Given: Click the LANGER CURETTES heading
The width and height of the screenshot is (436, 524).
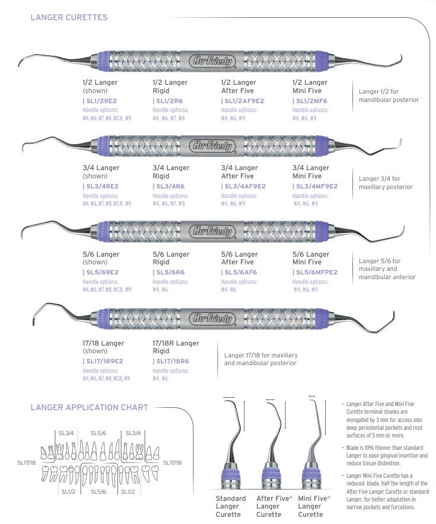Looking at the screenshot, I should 69,18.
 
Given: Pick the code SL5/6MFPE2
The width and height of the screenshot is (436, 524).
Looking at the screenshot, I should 316,273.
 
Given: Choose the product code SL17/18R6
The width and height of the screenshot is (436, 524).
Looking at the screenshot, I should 172,361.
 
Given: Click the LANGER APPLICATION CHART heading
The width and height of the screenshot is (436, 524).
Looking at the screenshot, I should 89,407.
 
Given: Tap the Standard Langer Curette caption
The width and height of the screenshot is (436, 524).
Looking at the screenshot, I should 231,507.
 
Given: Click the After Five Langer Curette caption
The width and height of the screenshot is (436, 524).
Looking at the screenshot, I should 274,507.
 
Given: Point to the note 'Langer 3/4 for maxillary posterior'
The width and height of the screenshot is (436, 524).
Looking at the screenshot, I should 386,183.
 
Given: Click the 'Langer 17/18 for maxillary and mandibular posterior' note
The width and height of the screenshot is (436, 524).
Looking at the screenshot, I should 261,359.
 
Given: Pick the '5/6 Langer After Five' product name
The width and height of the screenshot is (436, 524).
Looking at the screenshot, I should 240,258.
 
